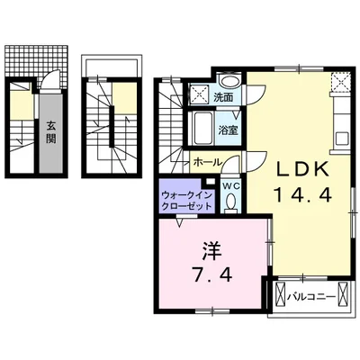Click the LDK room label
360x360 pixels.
click(302, 170)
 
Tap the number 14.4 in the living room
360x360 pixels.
click(302, 195)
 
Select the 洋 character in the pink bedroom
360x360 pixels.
click(211, 251)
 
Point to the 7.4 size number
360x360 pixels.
click(212, 274)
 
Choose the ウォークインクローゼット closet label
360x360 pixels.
click(187, 201)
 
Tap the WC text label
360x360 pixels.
click(231, 186)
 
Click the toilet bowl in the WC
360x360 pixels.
click(231, 203)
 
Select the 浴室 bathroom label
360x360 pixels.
click(228, 130)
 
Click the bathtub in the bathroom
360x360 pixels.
click(203, 128)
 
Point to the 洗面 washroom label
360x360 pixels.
click(223, 97)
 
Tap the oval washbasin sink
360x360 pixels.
click(230, 81)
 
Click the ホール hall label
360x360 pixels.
click(208, 162)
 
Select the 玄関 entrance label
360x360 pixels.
click(50, 133)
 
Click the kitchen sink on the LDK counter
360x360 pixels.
click(341, 139)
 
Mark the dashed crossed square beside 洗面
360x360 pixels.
click(198, 94)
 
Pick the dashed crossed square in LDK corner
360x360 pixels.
click(339, 82)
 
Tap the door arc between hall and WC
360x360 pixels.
click(230, 161)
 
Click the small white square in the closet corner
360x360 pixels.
click(211, 181)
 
